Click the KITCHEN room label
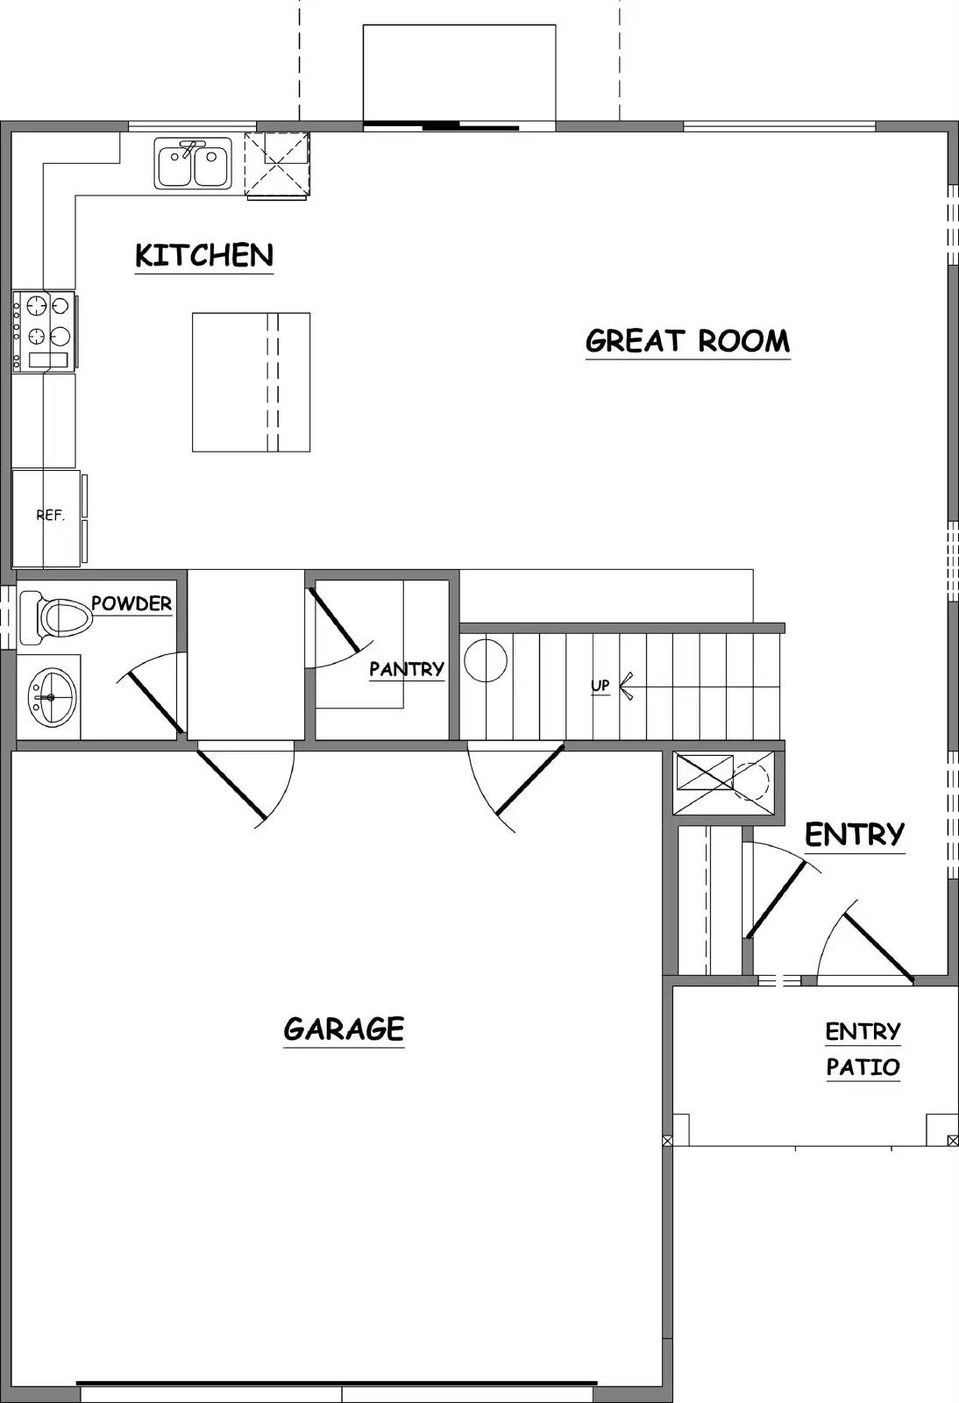click(x=204, y=255)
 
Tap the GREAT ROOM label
click(x=687, y=340)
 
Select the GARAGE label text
click(x=344, y=1029)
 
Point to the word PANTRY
click(x=407, y=669)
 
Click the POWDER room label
click(x=131, y=603)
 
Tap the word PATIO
click(x=863, y=1067)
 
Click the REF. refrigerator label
click(x=50, y=516)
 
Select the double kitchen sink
click(x=194, y=163)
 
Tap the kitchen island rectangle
click(x=251, y=382)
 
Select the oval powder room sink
click(x=52, y=697)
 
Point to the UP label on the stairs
click(x=600, y=686)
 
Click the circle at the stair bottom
click(x=486, y=660)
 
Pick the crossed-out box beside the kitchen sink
click(x=278, y=164)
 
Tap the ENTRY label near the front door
click(x=854, y=834)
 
